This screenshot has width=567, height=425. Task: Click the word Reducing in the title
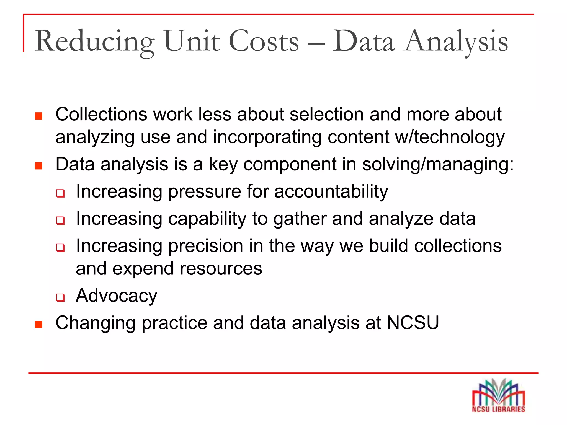(x=94, y=42)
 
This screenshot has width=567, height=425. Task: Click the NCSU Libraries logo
(x=498, y=396)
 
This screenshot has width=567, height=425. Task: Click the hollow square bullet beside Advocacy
(x=60, y=298)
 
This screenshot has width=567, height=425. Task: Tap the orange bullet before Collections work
(x=39, y=116)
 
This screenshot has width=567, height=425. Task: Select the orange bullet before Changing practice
(x=39, y=324)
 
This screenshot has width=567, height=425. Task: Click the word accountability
(x=331, y=191)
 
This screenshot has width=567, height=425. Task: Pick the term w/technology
(x=450, y=137)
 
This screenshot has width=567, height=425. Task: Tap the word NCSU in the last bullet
(x=413, y=323)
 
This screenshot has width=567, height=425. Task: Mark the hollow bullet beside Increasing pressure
(x=60, y=193)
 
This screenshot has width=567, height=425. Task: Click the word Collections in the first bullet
(x=101, y=114)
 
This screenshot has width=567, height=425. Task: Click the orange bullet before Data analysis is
(x=39, y=166)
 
